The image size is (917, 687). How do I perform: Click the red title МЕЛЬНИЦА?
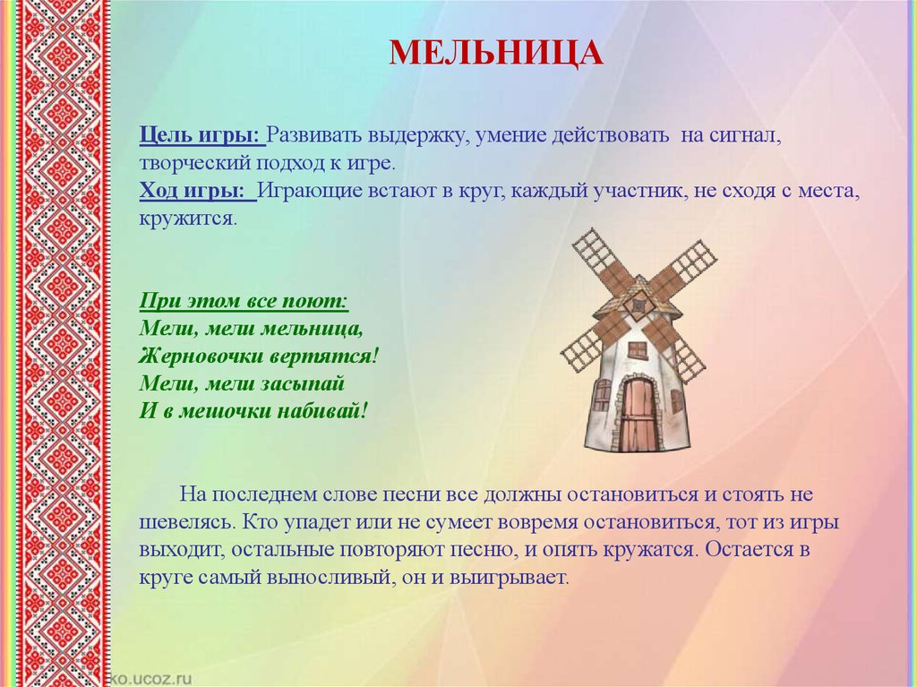coord(496,53)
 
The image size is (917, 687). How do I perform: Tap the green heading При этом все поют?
coord(244,301)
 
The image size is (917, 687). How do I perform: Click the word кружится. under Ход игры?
coord(188,219)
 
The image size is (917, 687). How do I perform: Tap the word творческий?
coord(194,163)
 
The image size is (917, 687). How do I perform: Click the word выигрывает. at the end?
coord(509,578)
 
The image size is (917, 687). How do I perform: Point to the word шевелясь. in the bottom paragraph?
coord(188,522)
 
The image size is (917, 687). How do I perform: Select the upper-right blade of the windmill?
coord(683,266)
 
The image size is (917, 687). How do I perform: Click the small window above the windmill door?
coord(638,349)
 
